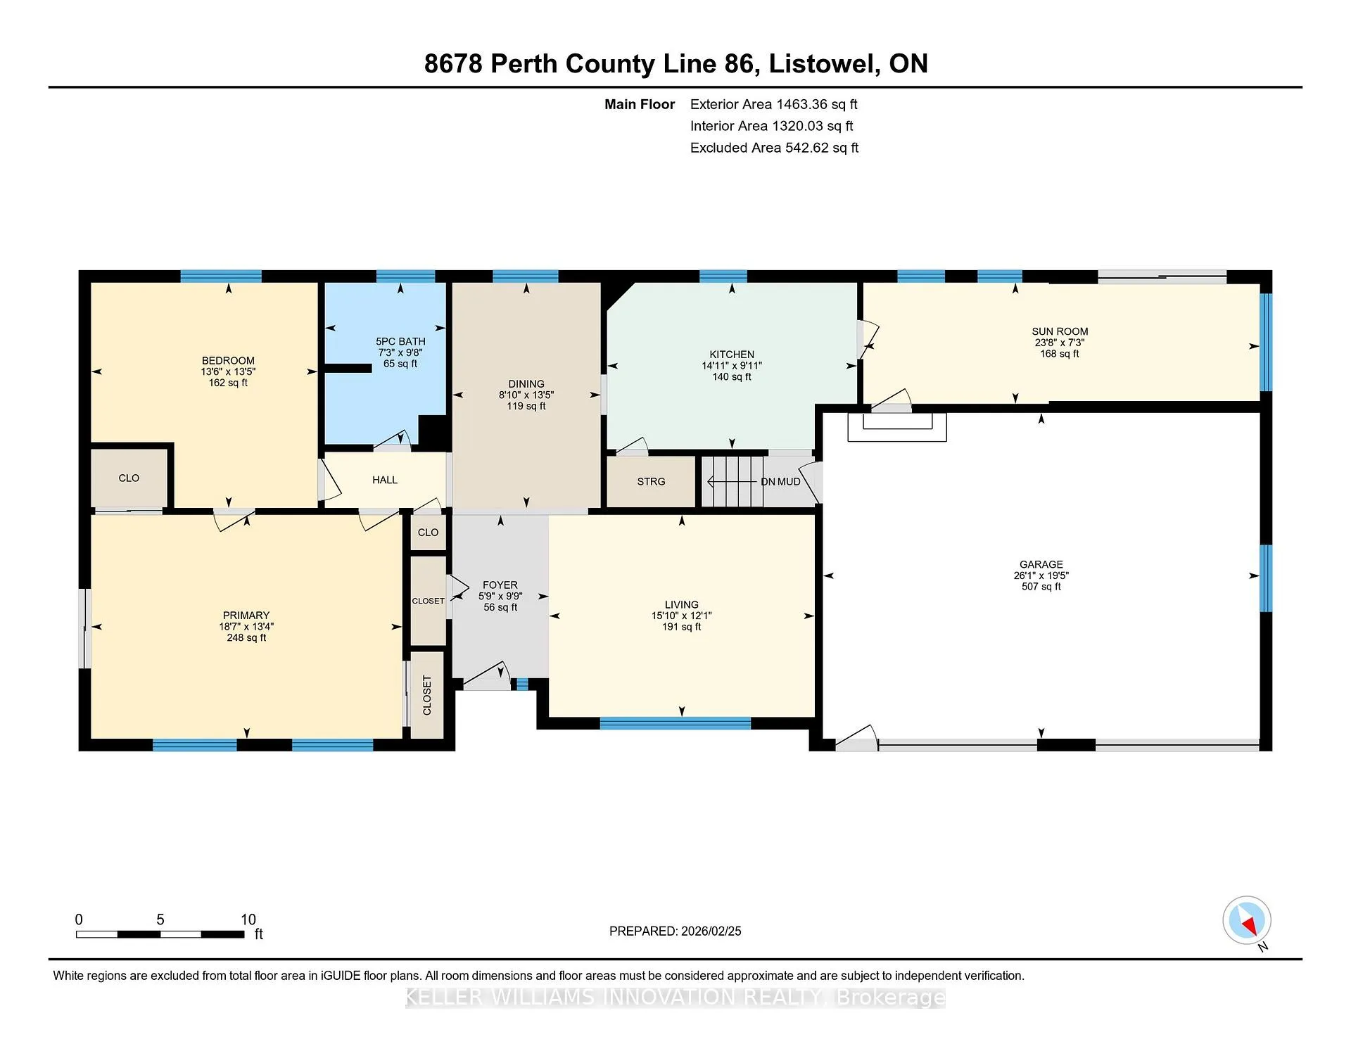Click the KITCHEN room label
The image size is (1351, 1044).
pos(732,355)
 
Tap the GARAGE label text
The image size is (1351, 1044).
pos(1041,564)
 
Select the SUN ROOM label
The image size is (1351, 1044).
pos(1060,331)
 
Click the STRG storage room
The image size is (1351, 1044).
pos(651,481)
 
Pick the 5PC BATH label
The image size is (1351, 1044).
pos(400,341)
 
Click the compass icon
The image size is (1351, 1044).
pos(1247,920)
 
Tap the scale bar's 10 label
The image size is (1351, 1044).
pos(248,919)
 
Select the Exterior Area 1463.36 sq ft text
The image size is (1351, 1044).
pos(774,104)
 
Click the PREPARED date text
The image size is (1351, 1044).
pos(675,931)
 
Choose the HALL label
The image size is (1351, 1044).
pos(385,480)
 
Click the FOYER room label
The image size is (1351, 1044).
pos(500,585)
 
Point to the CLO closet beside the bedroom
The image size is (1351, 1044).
pos(129,478)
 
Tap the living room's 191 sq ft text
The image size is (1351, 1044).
pos(682,627)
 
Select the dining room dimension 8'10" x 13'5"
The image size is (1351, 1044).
pos(526,395)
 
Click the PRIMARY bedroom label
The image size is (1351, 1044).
pos(246,615)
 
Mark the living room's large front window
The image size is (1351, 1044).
pos(675,723)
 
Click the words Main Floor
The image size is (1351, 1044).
pos(640,104)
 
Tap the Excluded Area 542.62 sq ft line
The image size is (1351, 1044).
pos(774,148)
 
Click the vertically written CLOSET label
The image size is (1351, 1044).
pos(427,695)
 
